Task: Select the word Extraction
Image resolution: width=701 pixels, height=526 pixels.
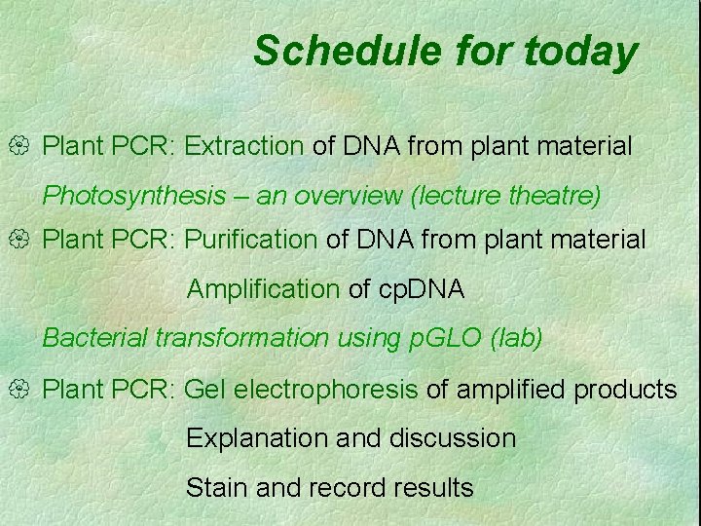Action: [244, 147]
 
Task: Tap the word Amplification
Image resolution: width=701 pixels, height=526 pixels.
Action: [263, 289]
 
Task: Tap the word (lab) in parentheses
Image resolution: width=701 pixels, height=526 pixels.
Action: [518, 338]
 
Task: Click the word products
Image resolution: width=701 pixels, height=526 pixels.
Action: [625, 391]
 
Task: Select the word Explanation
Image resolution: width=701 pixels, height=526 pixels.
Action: [257, 439]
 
